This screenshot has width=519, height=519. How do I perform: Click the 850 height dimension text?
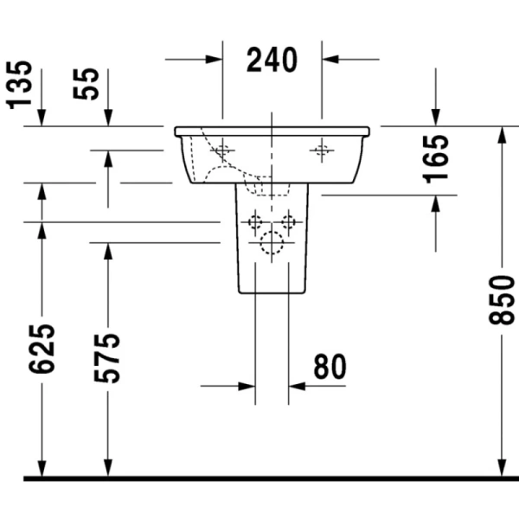click(502, 300)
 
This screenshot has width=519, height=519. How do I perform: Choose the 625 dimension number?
click(41, 349)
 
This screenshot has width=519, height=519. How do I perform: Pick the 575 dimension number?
click(108, 357)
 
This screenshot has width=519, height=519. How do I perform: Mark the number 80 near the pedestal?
click(329, 368)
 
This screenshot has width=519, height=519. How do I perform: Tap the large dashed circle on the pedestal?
click(272, 246)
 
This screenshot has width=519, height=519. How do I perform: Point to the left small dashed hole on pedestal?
click(255, 223)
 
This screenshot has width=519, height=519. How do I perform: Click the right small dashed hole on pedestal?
click(289, 223)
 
